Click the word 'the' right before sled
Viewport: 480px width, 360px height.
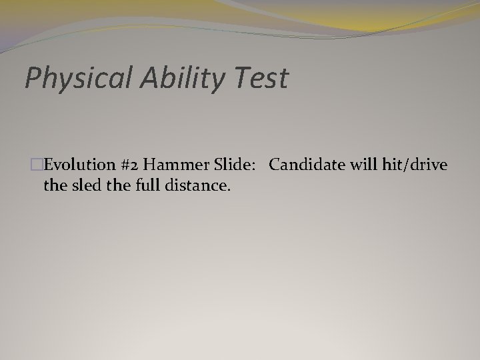click(x=55, y=185)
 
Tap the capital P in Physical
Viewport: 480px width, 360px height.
click(x=32, y=78)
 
